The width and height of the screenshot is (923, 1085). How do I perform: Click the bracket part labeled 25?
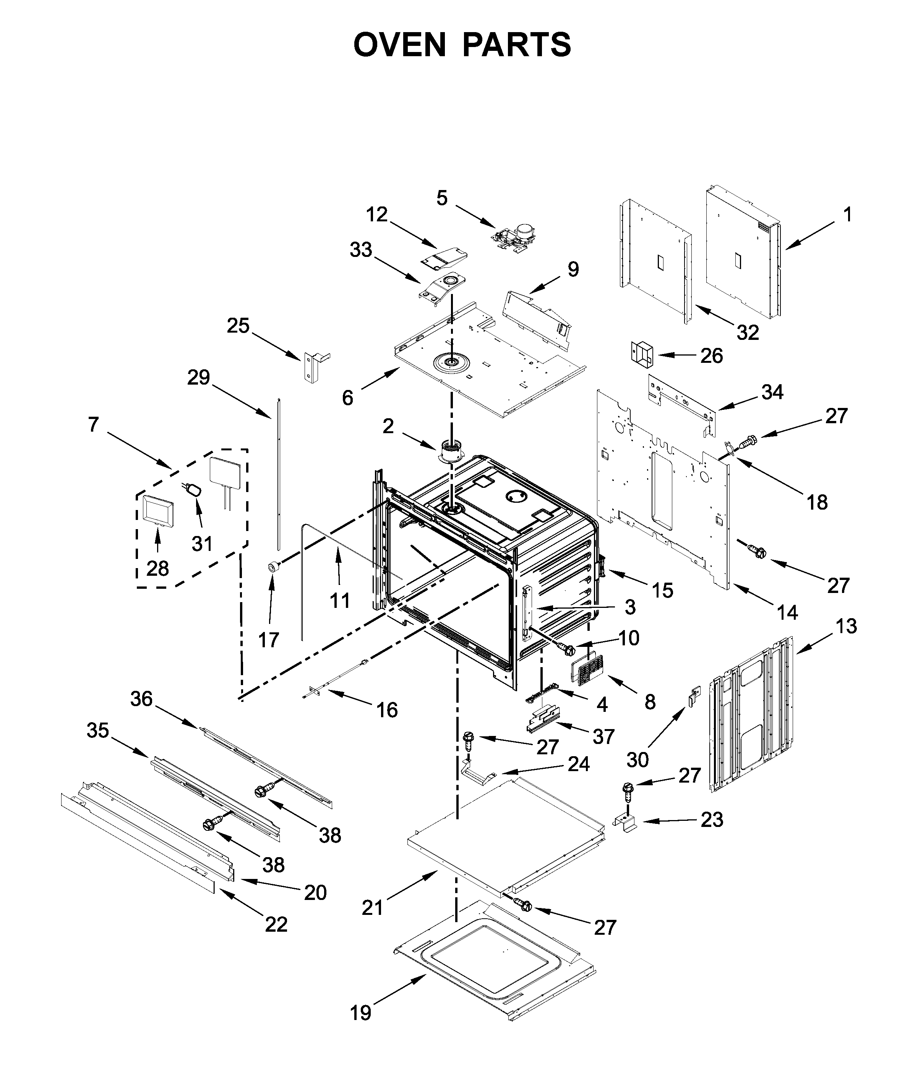tap(312, 366)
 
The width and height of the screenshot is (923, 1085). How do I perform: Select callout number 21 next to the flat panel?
tap(373, 922)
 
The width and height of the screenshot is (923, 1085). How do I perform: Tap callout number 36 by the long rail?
tap(141, 699)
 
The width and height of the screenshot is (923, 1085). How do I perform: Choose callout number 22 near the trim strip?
tap(276, 939)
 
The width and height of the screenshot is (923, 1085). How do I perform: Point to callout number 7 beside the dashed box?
tap(93, 424)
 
